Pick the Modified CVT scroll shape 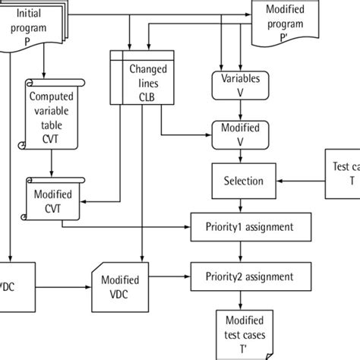(x=52, y=196)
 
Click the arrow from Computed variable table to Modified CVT (x=52, y=162)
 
